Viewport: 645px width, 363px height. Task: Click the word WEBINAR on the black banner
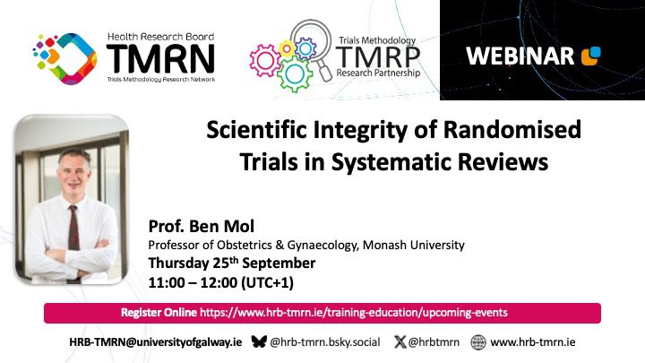pos(520,56)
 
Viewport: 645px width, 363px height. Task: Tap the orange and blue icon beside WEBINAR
pos(591,56)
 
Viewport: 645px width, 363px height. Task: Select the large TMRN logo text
pos(160,58)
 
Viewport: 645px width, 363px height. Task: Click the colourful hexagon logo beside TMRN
pos(65,58)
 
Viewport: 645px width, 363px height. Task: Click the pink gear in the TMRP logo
pos(265,61)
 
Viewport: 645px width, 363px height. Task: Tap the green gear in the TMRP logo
pos(295,74)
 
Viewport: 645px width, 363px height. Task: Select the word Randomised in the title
pos(512,130)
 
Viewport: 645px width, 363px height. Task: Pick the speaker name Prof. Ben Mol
pos(202,226)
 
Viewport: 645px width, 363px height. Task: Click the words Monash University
pos(413,245)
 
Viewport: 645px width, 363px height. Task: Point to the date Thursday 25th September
pos(232,263)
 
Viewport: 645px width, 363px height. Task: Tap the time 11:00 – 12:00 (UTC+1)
pos(221,282)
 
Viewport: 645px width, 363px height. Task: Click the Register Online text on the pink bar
pos(159,313)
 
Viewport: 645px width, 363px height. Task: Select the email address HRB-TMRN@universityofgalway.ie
pos(156,342)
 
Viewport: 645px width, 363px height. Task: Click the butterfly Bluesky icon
pos(259,341)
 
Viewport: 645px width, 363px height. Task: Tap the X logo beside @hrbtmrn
pos(400,341)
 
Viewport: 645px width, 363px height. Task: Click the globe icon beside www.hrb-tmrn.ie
pos(478,342)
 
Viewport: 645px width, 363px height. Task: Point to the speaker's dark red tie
pos(73,228)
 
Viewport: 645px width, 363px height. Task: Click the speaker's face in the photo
pos(74,173)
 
